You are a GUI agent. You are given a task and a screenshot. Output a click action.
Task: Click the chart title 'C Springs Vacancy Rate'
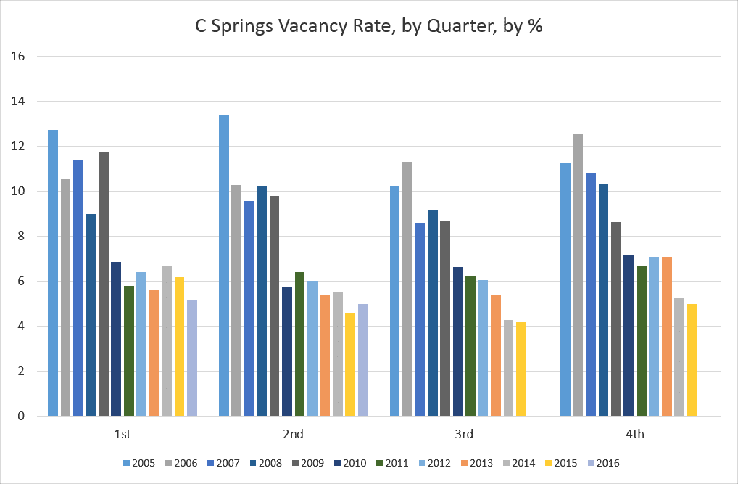pos(369,27)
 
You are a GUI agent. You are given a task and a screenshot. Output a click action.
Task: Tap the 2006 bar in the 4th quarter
pos(578,275)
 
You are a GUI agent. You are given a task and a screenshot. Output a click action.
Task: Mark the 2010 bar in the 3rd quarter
pos(457,342)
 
